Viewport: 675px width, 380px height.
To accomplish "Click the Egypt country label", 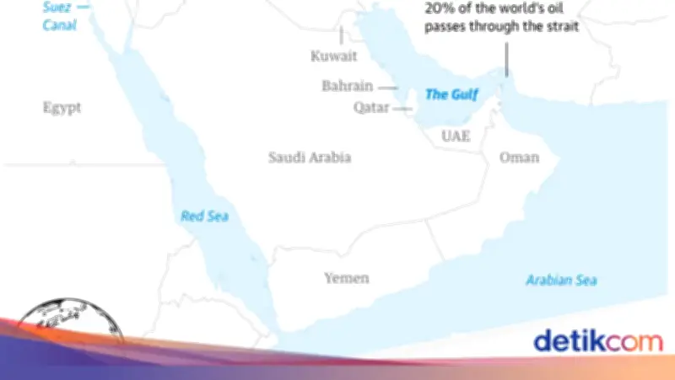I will click(62, 107).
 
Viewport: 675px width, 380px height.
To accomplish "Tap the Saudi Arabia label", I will click(309, 158).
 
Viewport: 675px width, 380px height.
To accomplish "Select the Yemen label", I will click(347, 278).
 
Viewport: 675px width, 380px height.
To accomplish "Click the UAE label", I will click(456, 136).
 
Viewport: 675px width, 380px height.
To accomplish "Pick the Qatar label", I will click(372, 108).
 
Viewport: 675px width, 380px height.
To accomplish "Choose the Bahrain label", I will click(348, 86).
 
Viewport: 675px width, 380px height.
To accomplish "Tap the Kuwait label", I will click(334, 56).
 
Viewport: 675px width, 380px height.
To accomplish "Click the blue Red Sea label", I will click(205, 216).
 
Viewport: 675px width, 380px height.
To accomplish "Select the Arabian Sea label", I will click(560, 280).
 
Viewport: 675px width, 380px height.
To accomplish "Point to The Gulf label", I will click(450, 94).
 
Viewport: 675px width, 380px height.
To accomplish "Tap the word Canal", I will click(60, 25).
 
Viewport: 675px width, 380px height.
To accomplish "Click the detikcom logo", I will click(597, 340).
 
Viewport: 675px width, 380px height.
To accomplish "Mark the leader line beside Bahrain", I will click(387, 87).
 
